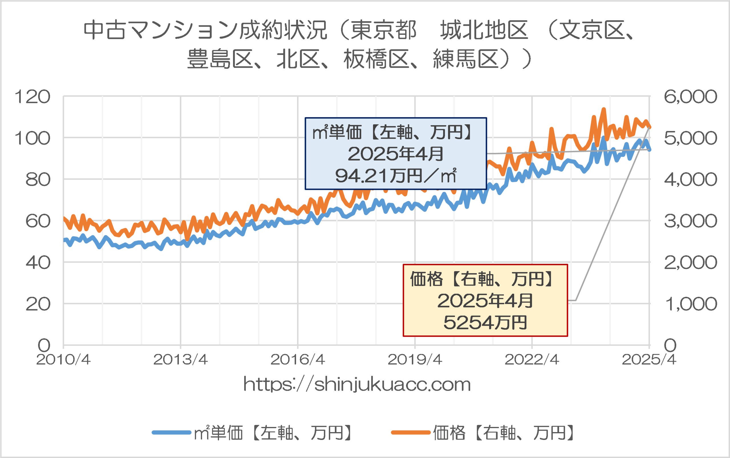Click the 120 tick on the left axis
(33, 97)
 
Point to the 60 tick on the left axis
(38, 221)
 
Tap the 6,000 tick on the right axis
(690, 97)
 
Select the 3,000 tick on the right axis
(690, 221)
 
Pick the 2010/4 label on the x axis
(63, 360)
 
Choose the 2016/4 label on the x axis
(297, 360)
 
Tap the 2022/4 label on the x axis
(532, 360)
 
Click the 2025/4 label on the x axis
(649, 360)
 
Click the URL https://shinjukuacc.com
(357, 384)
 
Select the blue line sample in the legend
(171, 433)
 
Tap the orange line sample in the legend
(411, 433)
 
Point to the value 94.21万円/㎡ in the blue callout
(396, 176)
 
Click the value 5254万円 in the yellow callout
(485, 322)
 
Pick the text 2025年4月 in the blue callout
(396, 154)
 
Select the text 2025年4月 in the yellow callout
(485, 301)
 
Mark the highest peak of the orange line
(604, 109)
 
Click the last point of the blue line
(649, 150)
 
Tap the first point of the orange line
(64, 218)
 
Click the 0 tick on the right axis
(670, 345)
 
